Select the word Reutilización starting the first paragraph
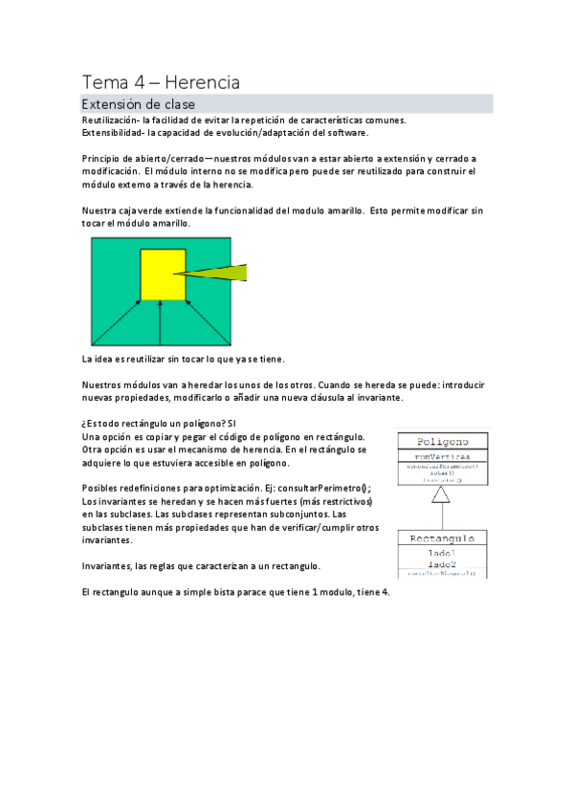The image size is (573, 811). [x=110, y=120]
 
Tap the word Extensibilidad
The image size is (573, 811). [x=112, y=133]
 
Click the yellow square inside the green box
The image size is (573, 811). [x=163, y=274]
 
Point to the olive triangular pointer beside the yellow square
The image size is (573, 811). [x=225, y=274]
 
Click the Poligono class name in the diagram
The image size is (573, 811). [x=442, y=442]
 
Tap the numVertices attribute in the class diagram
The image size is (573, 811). [x=442, y=456]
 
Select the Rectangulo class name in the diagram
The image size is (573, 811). [x=442, y=539]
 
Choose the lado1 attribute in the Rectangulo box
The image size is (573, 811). [x=442, y=553]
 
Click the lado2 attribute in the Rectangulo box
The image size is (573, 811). [x=442, y=564]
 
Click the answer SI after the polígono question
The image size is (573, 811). [x=232, y=422]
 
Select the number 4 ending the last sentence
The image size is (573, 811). [x=386, y=592]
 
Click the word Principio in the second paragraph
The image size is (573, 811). [x=102, y=159]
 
